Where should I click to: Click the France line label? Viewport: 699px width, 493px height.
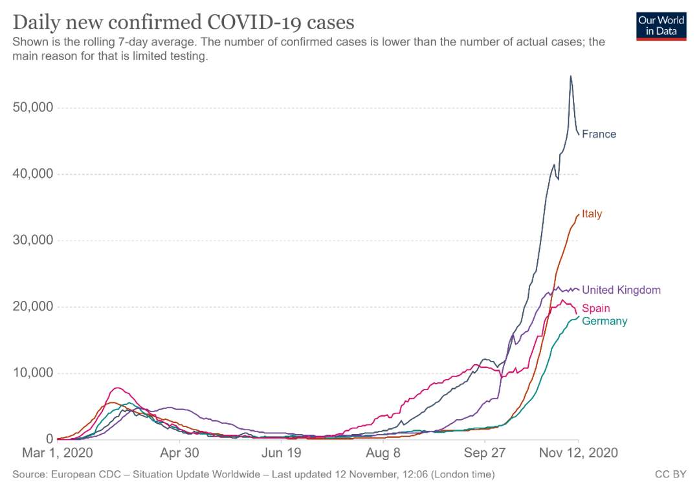[x=599, y=134]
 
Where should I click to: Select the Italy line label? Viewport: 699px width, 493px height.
[x=592, y=214]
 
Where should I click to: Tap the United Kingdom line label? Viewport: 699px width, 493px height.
[x=621, y=290]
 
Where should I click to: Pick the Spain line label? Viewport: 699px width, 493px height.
[x=596, y=308]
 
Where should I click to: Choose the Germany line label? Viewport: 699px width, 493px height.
[x=605, y=321]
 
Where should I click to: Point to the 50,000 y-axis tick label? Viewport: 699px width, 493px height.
[x=33, y=107]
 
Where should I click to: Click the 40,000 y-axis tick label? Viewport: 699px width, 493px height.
[x=33, y=174]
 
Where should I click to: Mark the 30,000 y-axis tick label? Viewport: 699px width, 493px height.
[x=33, y=240]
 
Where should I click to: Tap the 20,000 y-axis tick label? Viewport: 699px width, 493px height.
[x=33, y=307]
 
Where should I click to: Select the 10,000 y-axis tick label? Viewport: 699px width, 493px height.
[x=33, y=373]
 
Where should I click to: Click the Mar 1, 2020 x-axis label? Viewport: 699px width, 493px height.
[x=58, y=453]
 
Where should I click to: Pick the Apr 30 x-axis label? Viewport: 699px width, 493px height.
[x=180, y=453]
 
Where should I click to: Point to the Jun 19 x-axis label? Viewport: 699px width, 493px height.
[x=282, y=453]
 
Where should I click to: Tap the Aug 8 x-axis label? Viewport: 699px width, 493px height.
[x=383, y=453]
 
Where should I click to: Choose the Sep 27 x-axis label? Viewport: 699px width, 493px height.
[x=485, y=453]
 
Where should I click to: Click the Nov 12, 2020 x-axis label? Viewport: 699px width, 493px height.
[x=579, y=453]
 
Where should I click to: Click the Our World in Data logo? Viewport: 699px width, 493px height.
[x=661, y=27]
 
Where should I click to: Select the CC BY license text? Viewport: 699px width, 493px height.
[x=671, y=474]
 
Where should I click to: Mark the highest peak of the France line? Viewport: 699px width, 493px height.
[x=571, y=76]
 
